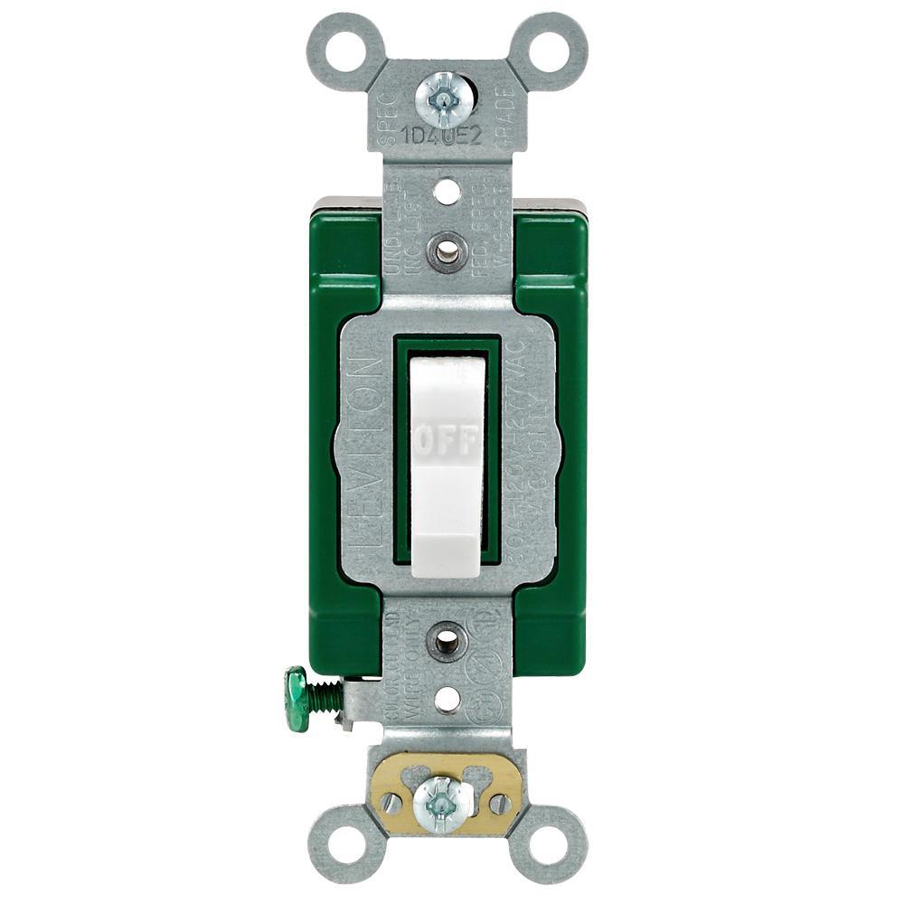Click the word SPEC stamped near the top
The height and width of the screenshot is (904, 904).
387,108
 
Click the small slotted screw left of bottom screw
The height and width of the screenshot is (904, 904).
391,801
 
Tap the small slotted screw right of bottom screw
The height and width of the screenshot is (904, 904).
498,801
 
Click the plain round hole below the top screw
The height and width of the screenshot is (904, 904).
444,192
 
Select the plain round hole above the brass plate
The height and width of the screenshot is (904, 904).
445,699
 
